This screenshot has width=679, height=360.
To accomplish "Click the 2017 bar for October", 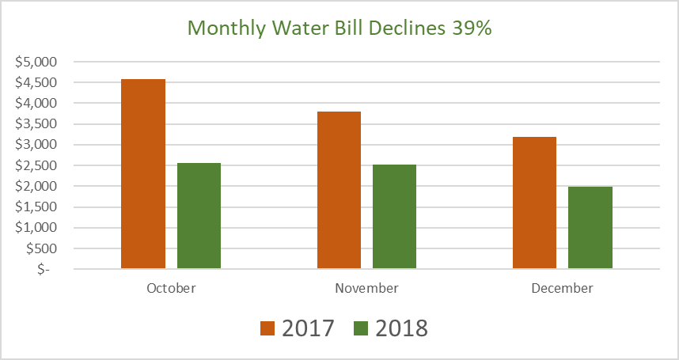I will tap(143, 174).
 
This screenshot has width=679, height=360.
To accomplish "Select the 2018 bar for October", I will tap(199, 216).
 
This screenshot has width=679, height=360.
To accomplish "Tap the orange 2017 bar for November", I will tap(339, 190).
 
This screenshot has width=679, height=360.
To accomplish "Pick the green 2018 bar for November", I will tap(394, 217).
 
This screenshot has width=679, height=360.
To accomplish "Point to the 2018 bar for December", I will tap(590, 228).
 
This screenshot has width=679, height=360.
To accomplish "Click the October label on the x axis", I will tap(171, 288).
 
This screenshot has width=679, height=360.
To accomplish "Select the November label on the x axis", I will tap(366, 288).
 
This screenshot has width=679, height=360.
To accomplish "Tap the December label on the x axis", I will tap(562, 288).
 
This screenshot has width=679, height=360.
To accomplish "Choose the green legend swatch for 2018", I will tap(362, 328).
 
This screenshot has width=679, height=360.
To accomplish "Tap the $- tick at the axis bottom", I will tap(49, 269).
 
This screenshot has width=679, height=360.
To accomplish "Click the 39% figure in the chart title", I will tap(472, 28).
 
